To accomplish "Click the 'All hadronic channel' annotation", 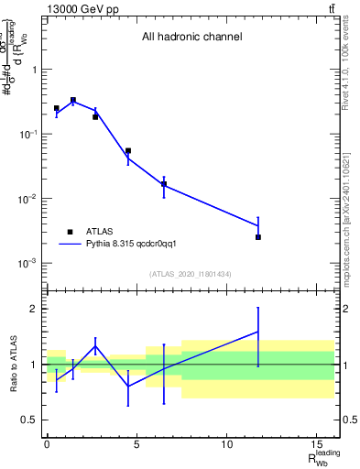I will coord(191,38).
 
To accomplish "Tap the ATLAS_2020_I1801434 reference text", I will coord(191,274).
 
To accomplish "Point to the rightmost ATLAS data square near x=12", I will coord(258,237).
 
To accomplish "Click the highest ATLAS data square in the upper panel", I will coord(73,101).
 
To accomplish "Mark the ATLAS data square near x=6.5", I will coord(164,184).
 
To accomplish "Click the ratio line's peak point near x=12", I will coord(258,332).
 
